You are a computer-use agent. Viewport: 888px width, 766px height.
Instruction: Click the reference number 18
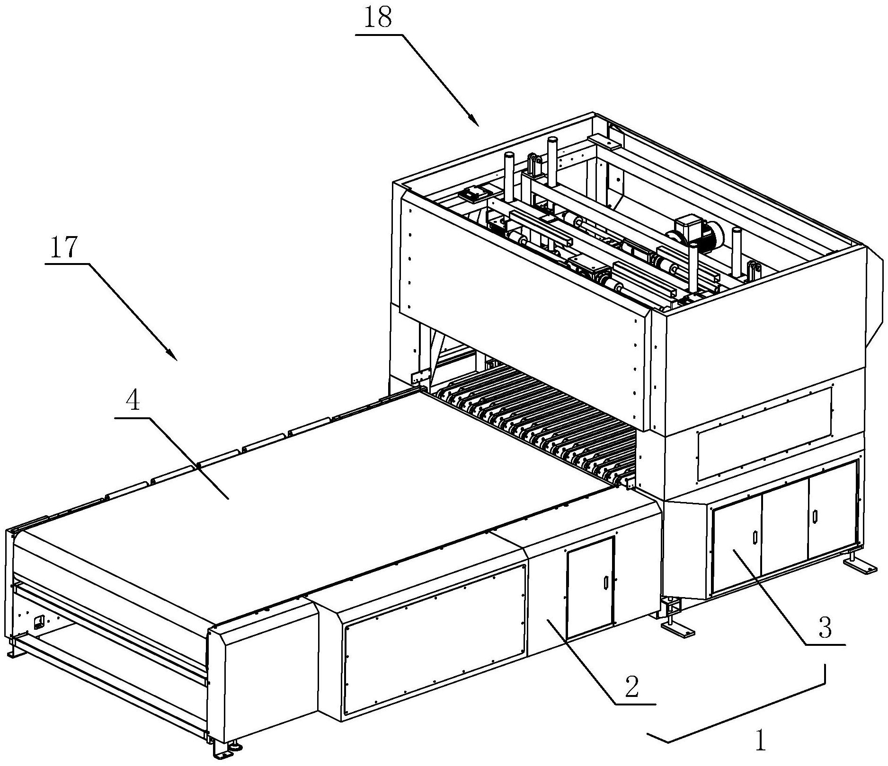[379, 19]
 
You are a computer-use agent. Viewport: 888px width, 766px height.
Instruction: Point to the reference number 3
[825, 628]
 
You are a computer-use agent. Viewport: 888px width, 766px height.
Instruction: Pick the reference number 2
[631, 687]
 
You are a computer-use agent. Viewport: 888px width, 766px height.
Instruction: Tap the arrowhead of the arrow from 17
[173, 356]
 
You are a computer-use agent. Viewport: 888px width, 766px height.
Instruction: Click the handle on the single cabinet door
[605, 582]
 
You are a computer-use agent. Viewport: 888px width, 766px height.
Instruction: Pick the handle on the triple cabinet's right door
[814, 515]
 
